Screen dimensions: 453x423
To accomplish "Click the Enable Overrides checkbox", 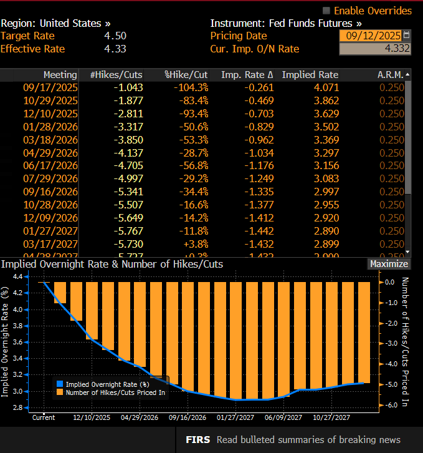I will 326,11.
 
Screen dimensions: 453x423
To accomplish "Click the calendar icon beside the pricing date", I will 407,36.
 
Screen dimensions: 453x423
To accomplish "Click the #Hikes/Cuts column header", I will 116,75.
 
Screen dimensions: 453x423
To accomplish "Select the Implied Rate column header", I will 310,75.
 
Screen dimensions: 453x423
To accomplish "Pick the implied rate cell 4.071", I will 326,87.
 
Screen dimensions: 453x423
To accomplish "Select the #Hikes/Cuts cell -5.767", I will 129,231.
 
